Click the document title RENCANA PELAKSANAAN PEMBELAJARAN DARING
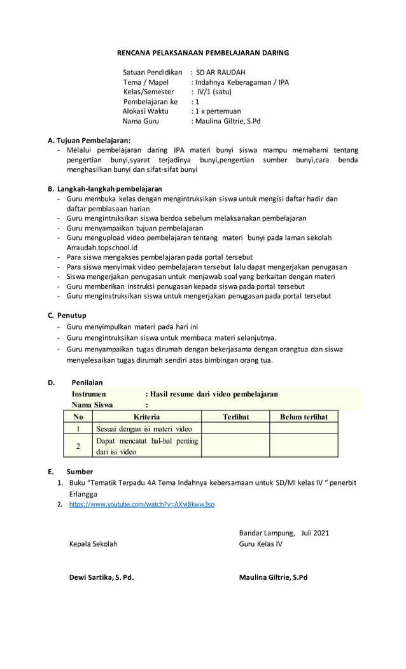[x=204, y=53]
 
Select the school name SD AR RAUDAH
[x=220, y=73]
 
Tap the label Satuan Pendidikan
[x=152, y=73]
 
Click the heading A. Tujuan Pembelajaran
[x=89, y=139]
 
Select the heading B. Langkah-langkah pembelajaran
[x=104, y=189]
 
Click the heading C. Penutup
[x=67, y=315]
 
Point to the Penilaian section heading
[x=87, y=383]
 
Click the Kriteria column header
[x=147, y=417]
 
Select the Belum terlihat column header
[x=304, y=417]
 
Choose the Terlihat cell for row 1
[x=235, y=428]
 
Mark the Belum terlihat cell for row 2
[x=304, y=446]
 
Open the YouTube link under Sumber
[x=141, y=504]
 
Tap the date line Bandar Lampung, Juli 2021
[x=284, y=533]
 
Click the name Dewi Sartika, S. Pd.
[x=101, y=577]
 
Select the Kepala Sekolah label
[x=93, y=544]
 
